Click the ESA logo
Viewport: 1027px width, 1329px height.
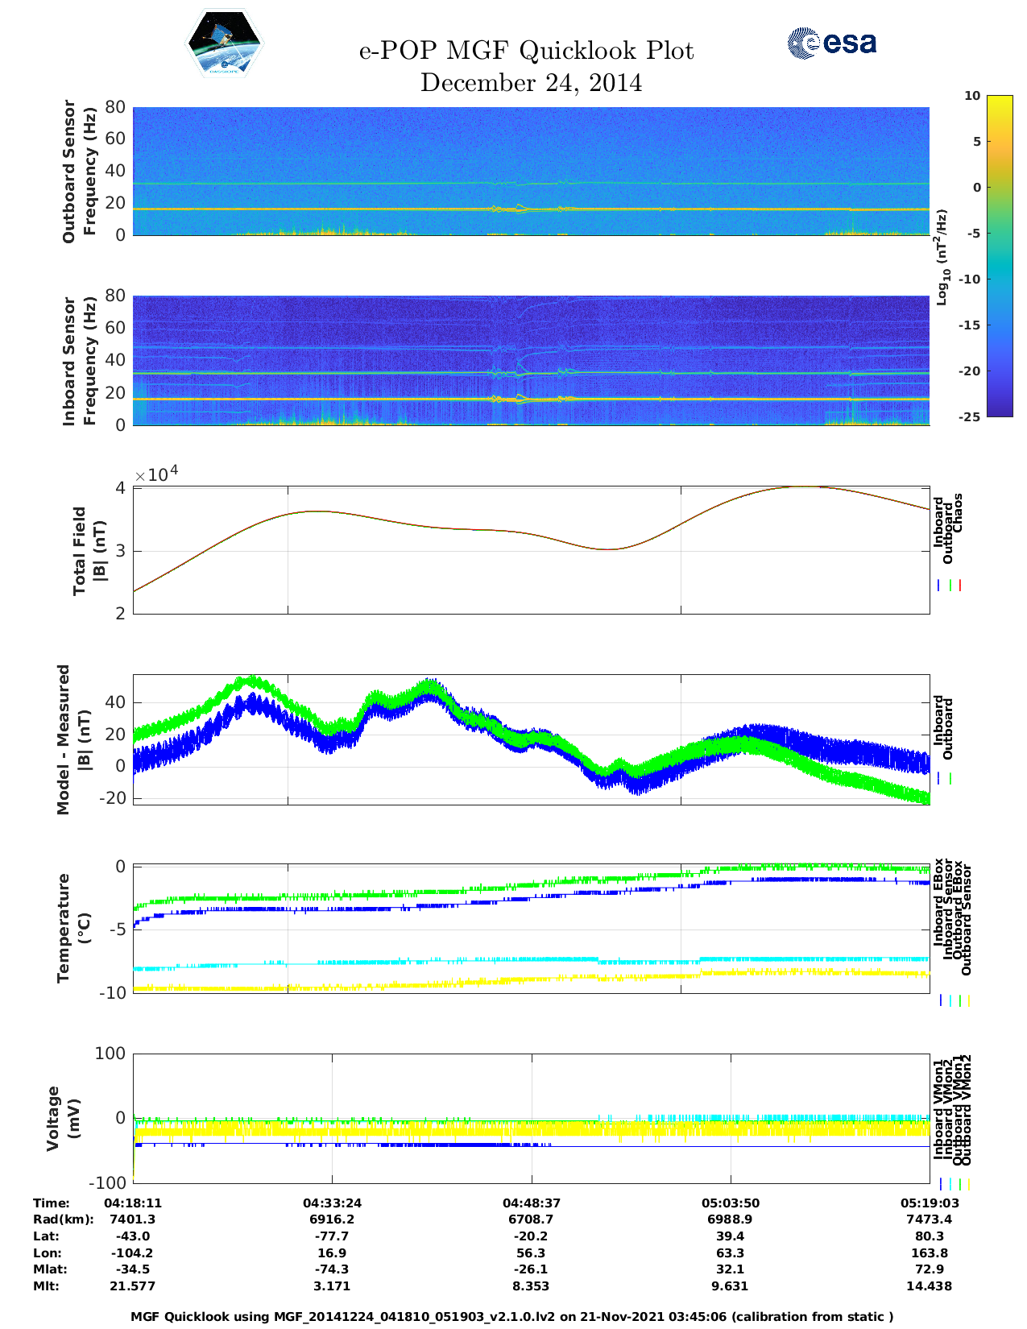(831, 43)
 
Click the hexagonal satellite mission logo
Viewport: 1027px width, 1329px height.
(225, 43)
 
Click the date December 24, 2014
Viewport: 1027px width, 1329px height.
(531, 83)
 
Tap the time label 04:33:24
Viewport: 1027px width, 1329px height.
(332, 1203)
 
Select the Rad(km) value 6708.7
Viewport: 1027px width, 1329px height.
(531, 1219)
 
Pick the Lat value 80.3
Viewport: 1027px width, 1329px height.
(929, 1236)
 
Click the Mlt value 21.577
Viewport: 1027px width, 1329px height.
(133, 1286)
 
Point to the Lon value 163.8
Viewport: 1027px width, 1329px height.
(929, 1252)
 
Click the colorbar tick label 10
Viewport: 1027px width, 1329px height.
(972, 96)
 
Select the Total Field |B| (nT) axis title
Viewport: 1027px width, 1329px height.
(89, 550)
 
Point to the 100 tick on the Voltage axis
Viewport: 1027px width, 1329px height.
(110, 1054)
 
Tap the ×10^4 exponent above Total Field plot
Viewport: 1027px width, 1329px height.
(156, 474)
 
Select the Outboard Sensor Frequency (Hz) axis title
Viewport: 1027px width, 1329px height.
(79, 171)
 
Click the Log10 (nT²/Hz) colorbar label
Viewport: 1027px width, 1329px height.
(942, 257)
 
